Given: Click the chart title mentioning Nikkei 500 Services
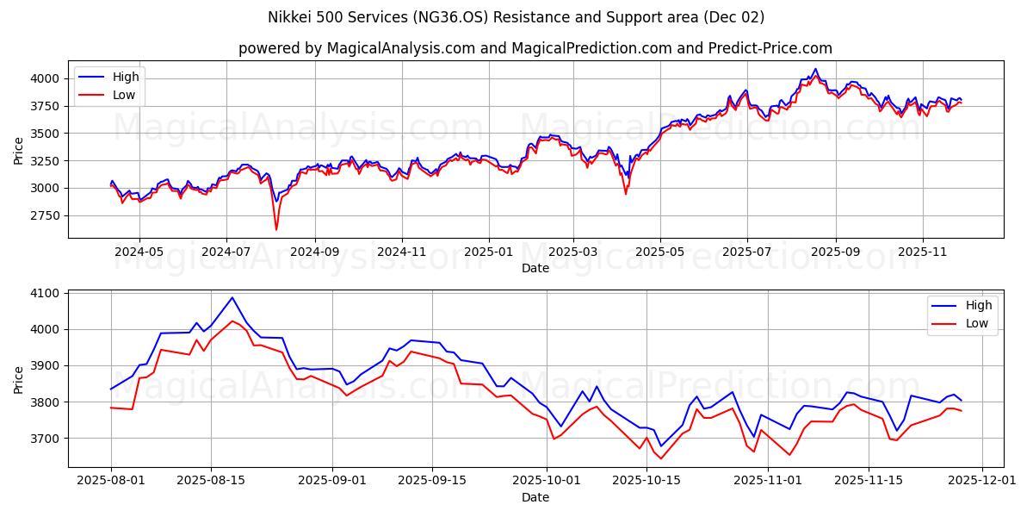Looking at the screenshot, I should pyautogui.click(x=516, y=17).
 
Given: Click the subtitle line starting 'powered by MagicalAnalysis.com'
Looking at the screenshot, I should pyautogui.click(x=535, y=48).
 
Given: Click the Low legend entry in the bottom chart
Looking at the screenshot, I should pyautogui.click(x=976, y=323).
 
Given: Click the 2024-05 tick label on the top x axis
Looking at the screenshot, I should pyautogui.click(x=139, y=252).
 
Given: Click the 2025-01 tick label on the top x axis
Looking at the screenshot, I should pyautogui.click(x=489, y=252).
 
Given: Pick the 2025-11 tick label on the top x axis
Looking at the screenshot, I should pyautogui.click(x=922, y=252).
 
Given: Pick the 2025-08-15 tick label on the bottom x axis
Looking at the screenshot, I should pyautogui.click(x=211, y=481).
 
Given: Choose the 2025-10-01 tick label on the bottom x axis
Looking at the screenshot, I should pyautogui.click(x=547, y=481).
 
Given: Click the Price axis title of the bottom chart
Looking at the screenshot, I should pyautogui.click(x=19, y=379).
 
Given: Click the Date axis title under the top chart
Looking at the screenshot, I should pyautogui.click(x=535, y=268).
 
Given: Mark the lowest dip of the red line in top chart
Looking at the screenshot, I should pyautogui.click(x=276, y=229).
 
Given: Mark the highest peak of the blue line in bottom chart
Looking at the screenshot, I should pyautogui.click(x=232, y=297).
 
